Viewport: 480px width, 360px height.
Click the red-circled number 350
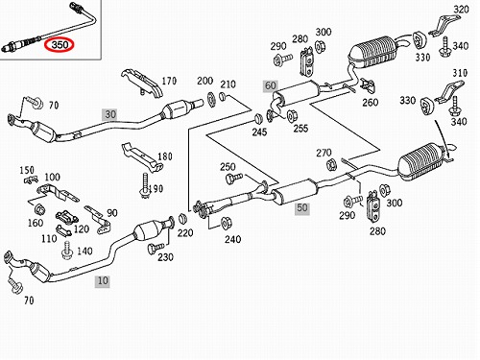tap(60, 45)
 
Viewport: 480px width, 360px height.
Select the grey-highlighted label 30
tap(110, 114)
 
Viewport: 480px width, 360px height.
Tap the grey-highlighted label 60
tap(271, 85)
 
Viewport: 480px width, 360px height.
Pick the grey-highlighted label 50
tap(302, 208)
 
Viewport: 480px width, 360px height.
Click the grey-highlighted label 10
tap(103, 281)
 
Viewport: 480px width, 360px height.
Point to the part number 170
tap(169, 81)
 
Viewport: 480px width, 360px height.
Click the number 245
tap(259, 132)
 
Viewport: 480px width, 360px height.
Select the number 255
tap(300, 129)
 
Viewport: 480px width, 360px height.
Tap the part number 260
tap(371, 103)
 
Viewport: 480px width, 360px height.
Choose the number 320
tap(461, 10)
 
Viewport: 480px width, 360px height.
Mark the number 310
tap(460, 73)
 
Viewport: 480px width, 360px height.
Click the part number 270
tap(324, 153)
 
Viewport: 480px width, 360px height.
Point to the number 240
tap(232, 239)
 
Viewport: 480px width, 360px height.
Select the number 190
tap(156, 189)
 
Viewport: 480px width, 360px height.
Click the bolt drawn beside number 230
tap(156, 248)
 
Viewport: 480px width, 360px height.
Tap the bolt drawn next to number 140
tap(67, 251)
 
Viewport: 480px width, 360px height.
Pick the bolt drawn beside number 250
tap(234, 178)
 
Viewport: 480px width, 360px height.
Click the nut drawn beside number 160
tap(39, 209)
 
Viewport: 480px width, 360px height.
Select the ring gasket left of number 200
tap(211, 99)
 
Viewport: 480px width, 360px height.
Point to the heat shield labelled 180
tap(142, 156)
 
